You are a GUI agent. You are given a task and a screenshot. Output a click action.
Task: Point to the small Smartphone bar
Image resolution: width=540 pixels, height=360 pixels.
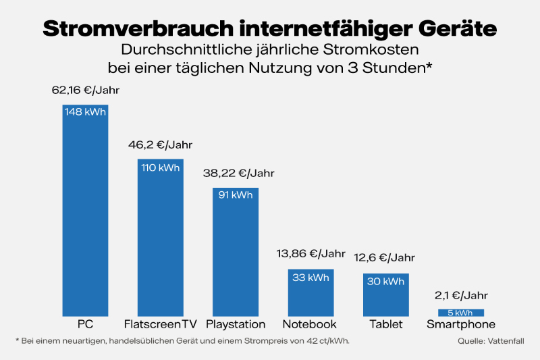point(461,312)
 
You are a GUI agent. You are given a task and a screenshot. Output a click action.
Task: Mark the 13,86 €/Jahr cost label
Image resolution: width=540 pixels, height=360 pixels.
point(310,254)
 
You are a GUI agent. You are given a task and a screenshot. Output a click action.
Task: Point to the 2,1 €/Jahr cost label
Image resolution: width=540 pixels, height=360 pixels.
point(461,295)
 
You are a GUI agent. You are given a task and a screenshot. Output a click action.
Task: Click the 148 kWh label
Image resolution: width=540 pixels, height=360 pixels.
point(86,112)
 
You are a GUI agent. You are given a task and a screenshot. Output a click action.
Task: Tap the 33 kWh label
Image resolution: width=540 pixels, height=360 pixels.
point(310,277)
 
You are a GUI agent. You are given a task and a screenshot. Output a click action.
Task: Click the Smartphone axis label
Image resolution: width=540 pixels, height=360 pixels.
point(461,324)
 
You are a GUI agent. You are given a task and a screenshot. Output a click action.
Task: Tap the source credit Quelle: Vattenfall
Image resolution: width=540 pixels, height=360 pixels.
point(491,341)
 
